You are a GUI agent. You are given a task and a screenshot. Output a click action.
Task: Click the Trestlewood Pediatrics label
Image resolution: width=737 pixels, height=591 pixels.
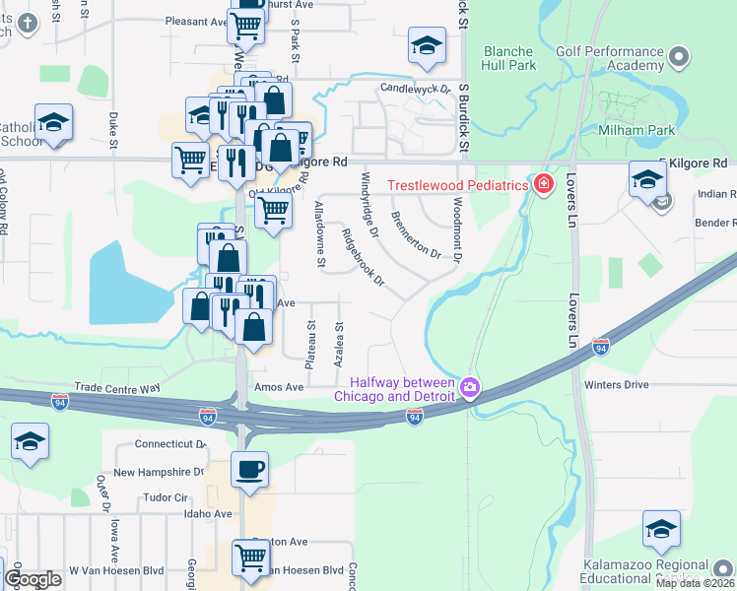457,185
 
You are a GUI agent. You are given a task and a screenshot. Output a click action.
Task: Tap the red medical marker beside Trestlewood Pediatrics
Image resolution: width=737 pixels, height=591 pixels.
542,184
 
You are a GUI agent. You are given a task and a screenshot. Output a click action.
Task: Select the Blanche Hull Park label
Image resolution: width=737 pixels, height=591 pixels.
509,58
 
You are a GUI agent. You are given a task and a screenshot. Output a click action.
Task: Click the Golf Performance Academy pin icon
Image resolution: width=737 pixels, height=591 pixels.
678,60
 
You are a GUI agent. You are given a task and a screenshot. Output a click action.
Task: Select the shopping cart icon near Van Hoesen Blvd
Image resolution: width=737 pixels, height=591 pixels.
250,558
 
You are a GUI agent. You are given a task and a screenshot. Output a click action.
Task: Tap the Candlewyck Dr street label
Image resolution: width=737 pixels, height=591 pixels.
416,90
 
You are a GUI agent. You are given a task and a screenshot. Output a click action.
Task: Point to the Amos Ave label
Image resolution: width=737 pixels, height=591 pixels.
280,387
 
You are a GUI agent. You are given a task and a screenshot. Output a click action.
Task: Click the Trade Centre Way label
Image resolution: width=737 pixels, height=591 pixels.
117,388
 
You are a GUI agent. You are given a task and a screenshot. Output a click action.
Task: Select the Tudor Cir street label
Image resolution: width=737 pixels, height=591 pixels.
166,497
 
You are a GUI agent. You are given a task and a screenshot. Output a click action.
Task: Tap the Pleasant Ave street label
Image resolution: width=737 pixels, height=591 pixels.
196,21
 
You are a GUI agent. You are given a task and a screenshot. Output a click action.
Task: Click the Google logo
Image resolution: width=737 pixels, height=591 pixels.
33,579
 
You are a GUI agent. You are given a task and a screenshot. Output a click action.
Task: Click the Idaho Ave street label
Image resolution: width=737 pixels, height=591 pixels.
207,514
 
